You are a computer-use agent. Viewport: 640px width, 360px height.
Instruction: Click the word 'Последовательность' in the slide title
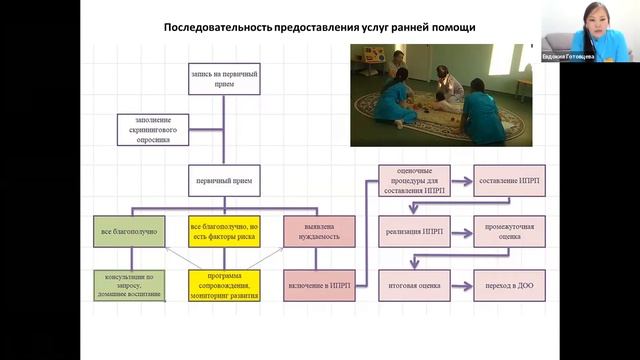[222, 27]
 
